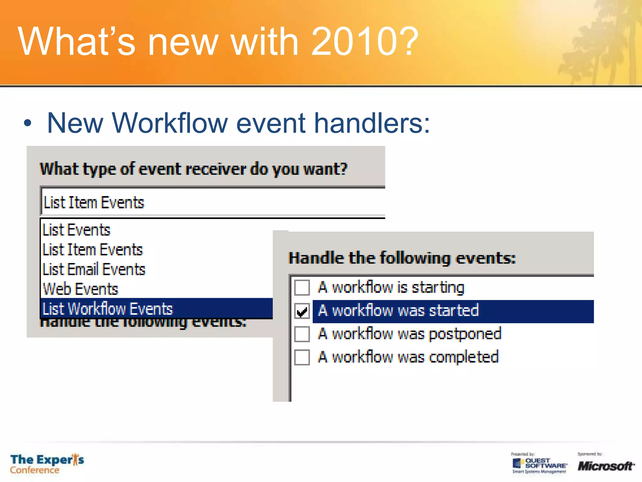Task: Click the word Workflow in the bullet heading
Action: pyautogui.click(x=169, y=123)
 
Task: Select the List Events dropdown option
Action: pyautogui.click(x=76, y=230)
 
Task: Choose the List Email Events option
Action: pyautogui.click(x=94, y=270)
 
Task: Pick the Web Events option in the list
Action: pyautogui.click(x=81, y=289)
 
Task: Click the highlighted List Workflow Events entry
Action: pyautogui.click(x=108, y=309)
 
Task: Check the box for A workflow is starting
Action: pyautogui.click(x=302, y=287)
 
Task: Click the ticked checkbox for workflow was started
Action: pyautogui.click(x=302, y=311)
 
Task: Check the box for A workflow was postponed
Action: pyautogui.click(x=302, y=334)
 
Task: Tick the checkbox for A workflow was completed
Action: pyautogui.click(x=302, y=357)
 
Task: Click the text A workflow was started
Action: pyautogui.click(x=398, y=311)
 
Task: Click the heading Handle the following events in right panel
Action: pyautogui.click(x=402, y=258)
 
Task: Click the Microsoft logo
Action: pyautogui.click(x=606, y=466)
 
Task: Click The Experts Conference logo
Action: pyautogui.click(x=47, y=464)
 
